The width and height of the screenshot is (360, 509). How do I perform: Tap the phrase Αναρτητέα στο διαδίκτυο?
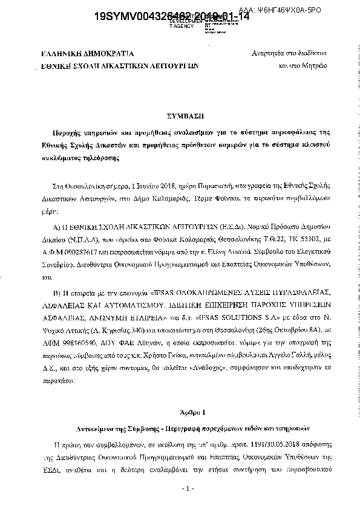click(x=289, y=53)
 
